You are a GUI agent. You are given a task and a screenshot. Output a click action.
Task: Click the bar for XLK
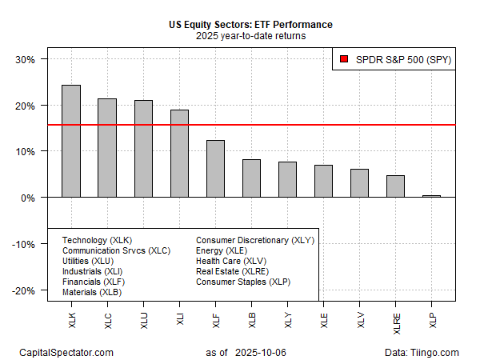pyautogui.click(x=70, y=141)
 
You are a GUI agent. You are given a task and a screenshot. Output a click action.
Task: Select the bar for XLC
pyautogui.click(x=106, y=148)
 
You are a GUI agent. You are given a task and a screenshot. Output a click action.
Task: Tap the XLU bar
pyautogui.click(x=142, y=149)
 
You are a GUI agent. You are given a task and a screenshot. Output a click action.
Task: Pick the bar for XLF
pyautogui.click(x=215, y=169)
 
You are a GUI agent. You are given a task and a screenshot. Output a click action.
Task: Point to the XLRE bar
pyautogui.click(x=396, y=186)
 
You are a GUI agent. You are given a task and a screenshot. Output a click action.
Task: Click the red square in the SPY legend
pyautogui.click(x=343, y=59)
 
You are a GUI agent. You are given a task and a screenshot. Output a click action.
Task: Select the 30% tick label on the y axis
pyautogui.click(x=26, y=59)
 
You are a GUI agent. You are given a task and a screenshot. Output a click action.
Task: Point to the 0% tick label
pyautogui.click(x=29, y=198)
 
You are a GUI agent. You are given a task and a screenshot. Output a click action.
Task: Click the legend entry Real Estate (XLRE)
pyautogui.click(x=233, y=271)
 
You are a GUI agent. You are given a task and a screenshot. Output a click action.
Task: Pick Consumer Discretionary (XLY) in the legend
pyautogui.click(x=255, y=240)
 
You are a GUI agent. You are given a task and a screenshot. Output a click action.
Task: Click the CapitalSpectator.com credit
pyautogui.click(x=66, y=352)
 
